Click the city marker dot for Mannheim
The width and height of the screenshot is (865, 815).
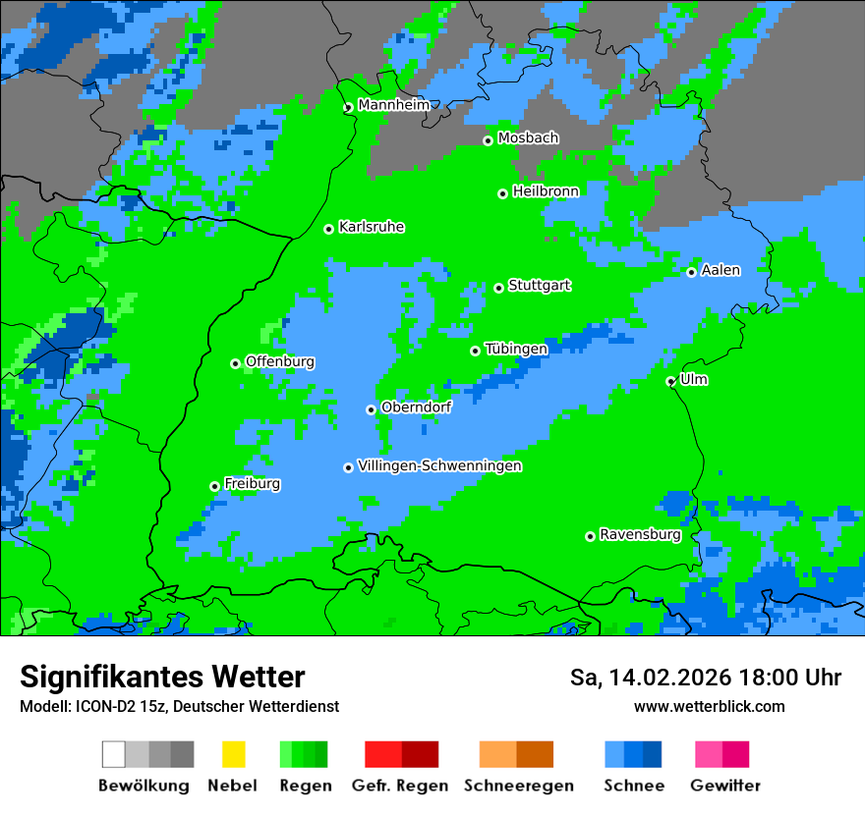click(348, 108)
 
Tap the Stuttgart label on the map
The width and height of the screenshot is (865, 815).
click(539, 286)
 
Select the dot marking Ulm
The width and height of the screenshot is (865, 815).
click(671, 382)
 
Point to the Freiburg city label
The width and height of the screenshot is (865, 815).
click(252, 484)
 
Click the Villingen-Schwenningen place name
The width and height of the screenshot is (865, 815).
click(439, 466)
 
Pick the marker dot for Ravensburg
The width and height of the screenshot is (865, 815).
click(590, 536)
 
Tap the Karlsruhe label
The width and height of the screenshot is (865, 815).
click(371, 228)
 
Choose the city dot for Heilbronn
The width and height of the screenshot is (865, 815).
click(503, 193)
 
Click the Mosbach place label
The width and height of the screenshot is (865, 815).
click(528, 138)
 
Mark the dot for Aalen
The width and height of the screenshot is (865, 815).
click(692, 272)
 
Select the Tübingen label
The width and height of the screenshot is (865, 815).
click(516, 350)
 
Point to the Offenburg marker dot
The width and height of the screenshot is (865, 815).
click(236, 363)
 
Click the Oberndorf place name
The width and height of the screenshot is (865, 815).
click(416, 407)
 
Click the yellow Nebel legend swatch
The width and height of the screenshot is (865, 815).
click(233, 754)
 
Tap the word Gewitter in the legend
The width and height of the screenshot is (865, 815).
click(724, 786)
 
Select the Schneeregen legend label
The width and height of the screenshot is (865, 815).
click(518, 786)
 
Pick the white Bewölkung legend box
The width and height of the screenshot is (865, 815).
click(114, 754)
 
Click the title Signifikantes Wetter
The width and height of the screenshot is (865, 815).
click(162, 678)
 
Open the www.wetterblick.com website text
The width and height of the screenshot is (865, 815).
click(709, 707)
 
